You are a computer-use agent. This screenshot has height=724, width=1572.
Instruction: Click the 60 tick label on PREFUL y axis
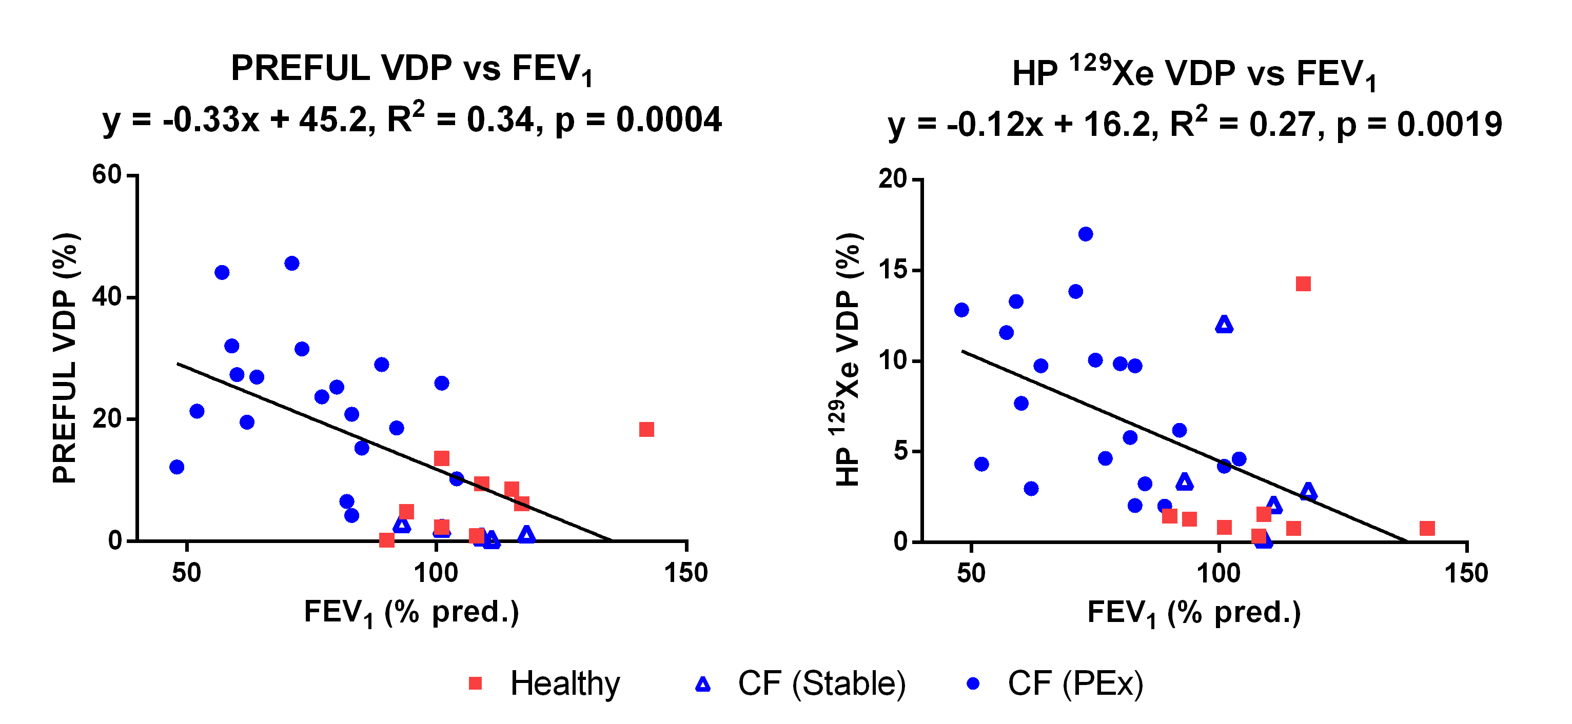pos(106,175)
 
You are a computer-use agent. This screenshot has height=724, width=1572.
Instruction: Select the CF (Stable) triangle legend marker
pos(703,685)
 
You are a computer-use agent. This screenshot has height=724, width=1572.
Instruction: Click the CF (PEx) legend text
pos(1075,683)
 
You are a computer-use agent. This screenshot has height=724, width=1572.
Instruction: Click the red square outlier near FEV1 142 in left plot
pos(646,429)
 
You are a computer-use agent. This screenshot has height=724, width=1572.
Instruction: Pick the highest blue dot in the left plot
pos(292,264)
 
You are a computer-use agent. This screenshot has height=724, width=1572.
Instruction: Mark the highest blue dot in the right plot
pos(1086,234)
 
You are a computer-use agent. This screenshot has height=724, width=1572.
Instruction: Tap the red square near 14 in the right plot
pos(1303,284)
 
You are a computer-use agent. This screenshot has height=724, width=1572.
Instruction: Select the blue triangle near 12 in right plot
pos(1224,325)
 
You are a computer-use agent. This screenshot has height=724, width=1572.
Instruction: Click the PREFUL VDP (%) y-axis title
pos(65,358)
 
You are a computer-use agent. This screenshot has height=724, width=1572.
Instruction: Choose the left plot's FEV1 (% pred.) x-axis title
pos(411,612)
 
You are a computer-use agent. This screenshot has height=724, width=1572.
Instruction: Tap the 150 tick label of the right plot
pos(1466,573)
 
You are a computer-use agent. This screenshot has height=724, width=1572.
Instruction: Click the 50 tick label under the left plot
pos(186,573)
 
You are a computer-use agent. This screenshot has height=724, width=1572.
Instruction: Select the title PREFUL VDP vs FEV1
pos(411,69)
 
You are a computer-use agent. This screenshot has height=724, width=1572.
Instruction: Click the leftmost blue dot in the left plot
pos(177,467)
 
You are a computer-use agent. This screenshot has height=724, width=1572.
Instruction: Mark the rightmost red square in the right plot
pos(1427,528)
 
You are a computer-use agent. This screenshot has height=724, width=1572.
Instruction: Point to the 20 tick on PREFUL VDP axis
pos(106,419)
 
